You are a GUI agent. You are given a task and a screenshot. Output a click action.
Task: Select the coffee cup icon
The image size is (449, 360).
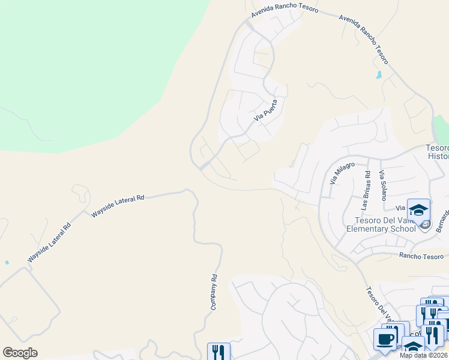point(385,339)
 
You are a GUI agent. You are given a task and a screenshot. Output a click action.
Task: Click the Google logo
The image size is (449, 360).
point(20,353)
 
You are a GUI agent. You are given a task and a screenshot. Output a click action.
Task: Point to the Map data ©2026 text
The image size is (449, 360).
point(424,355)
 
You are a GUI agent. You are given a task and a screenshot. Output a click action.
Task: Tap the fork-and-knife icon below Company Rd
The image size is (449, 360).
point(218,352)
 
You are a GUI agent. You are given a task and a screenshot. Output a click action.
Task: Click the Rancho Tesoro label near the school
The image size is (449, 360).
point(424,256)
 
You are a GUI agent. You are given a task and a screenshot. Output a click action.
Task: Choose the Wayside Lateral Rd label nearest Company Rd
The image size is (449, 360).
point(118,205)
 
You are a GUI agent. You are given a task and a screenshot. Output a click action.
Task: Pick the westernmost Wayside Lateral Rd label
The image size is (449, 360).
point(49,243)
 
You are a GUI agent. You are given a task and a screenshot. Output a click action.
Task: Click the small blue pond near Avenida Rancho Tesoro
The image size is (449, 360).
point(379,75)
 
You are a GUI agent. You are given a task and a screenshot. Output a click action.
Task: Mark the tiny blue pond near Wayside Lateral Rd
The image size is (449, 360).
point(7,262)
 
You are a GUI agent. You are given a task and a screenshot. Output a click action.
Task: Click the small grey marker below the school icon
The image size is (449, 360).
point(425,226)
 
